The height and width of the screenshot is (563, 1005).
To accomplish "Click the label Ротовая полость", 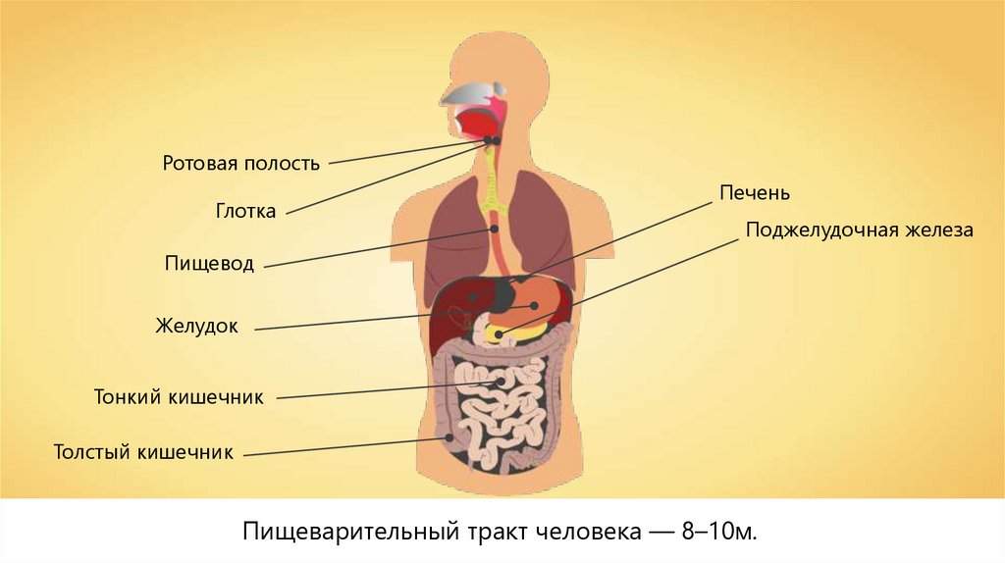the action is tap(241, 163).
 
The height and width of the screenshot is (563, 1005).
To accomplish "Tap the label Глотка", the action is tap(245, 211).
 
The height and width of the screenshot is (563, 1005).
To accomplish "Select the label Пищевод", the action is tap(210, 264).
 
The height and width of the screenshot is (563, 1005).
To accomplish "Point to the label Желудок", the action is tap(196, 326).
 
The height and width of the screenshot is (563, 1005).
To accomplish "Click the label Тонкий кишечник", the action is tap(180, 397).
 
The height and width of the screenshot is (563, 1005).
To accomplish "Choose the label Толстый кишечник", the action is tap(143, 452).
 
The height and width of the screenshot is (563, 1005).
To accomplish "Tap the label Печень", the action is tap(755, 193).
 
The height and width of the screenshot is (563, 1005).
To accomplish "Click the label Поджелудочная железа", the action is tap(859, 230).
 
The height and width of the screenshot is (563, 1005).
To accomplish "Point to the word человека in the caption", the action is tap(586, 532).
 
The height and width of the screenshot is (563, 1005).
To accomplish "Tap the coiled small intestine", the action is tap(501, 402).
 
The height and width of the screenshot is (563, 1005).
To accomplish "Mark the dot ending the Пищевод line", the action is tap(497, 229).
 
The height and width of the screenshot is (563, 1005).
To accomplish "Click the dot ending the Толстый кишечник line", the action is tap(450, 438).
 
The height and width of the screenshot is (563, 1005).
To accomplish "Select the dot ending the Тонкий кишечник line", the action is tap(502, 381).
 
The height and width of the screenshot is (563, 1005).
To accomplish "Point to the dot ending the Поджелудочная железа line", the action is tap(500, 335).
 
